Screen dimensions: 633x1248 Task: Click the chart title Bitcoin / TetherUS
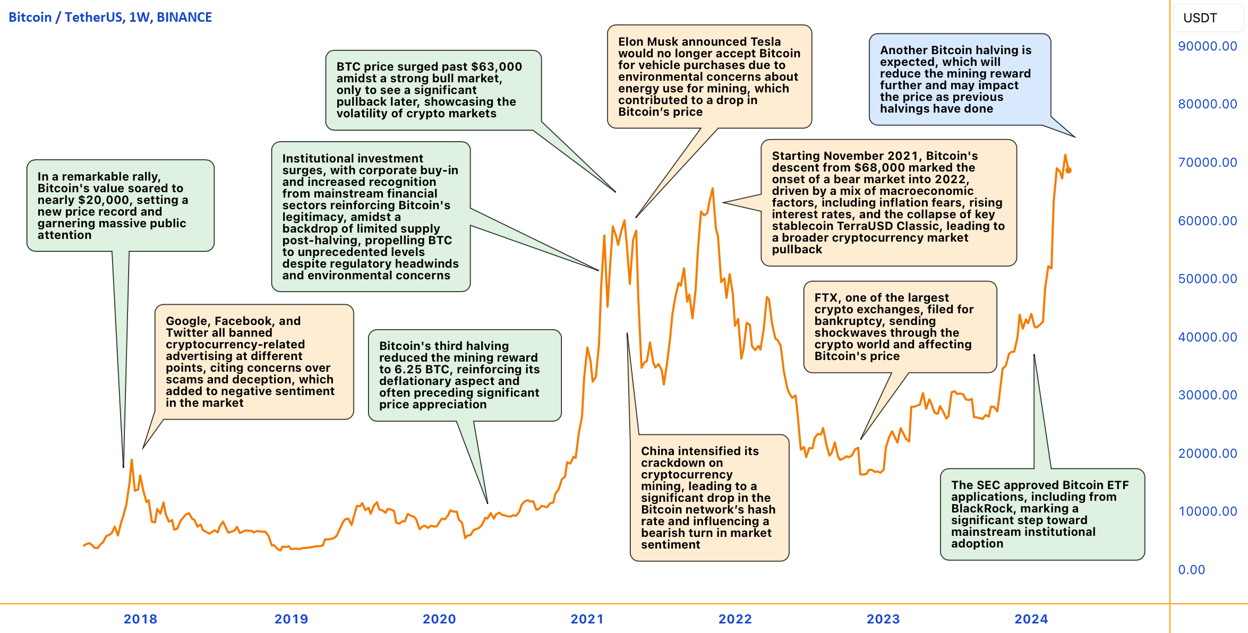coord(110,18)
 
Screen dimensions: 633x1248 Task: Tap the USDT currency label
coord(1200,18)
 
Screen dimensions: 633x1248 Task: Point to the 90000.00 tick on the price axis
coord(1207,46)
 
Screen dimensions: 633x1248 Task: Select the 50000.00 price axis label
coord(1207,279)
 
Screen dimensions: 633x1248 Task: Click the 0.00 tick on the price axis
coord(1191,570)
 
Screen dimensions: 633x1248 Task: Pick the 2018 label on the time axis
coord(140,619)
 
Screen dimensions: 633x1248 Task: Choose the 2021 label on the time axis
coord(587,619)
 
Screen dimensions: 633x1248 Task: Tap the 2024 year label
coord(1031,619)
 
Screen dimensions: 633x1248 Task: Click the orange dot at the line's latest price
coord(1069,170)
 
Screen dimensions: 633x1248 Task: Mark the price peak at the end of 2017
coord(132,460)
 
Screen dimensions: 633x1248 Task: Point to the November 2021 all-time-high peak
coord(712,189)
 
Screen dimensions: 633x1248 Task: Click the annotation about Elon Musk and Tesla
coord(709,76)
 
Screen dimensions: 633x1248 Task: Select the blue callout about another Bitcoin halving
coord(959,79)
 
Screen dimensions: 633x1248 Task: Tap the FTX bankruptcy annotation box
coord(900,327)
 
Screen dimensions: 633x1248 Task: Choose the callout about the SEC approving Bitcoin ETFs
coord(1041,514)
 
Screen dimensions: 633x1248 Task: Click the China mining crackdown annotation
coord(709,498)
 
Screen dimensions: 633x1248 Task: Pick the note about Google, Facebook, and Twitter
coord(254,362)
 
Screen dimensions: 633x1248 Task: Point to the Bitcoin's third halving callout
coord(464,375)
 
